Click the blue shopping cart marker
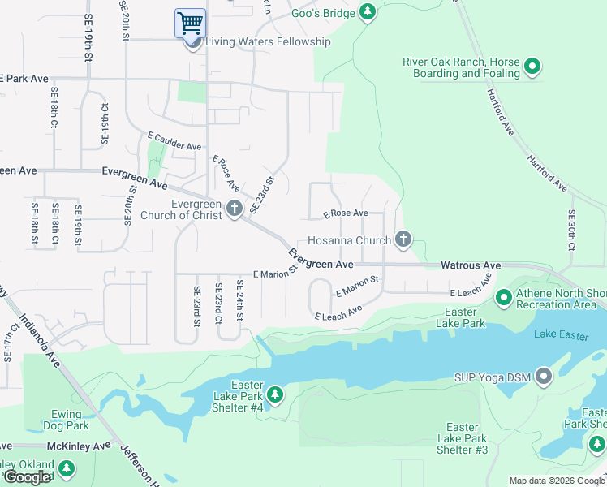pos(190,23)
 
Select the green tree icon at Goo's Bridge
pos(368,11)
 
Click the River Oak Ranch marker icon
pos(532,66)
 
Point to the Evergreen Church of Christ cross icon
pos(234,209)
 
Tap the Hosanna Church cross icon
pos(403,239)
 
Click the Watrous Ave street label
pos(471,265)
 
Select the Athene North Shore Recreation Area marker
pos(503,300)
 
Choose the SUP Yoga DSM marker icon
pos(544,375)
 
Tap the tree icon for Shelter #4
pos(276,394)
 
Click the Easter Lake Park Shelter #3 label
pos(462,438)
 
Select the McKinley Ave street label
pos(80,446)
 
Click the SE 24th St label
pos(239,299)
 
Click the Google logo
pos(28,477)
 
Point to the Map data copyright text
pos(556,481)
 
